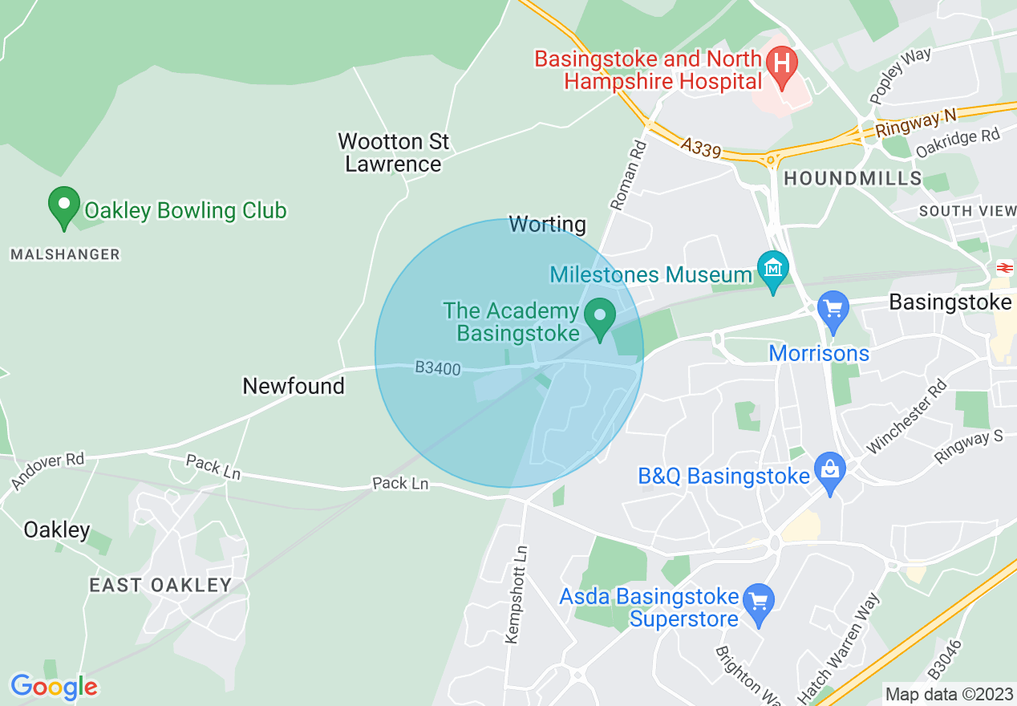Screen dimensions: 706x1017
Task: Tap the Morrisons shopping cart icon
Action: click(x=833, y=309)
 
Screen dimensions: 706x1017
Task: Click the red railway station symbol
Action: click(x=1004, y=268)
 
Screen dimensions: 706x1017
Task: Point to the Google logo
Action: click(x=54, y=687)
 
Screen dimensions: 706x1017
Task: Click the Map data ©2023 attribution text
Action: click(x=949, y=693)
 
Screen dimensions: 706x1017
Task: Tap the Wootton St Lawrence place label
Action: click(x=393, y=152)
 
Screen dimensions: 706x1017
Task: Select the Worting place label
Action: click(x=548, y=225)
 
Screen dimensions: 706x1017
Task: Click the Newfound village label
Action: click(x=294, y=386)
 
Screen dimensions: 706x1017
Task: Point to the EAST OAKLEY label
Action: click(x=160, y=585)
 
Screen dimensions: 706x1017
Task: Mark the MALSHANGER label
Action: click(x=65, y=254)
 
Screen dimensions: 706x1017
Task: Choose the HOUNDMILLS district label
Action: click(x=853, y=178)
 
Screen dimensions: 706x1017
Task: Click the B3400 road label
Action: click(x=438, y=368)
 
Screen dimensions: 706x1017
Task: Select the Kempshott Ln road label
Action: click(x=517, y=594)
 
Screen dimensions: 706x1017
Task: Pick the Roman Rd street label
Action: click(x=628, y=176)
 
